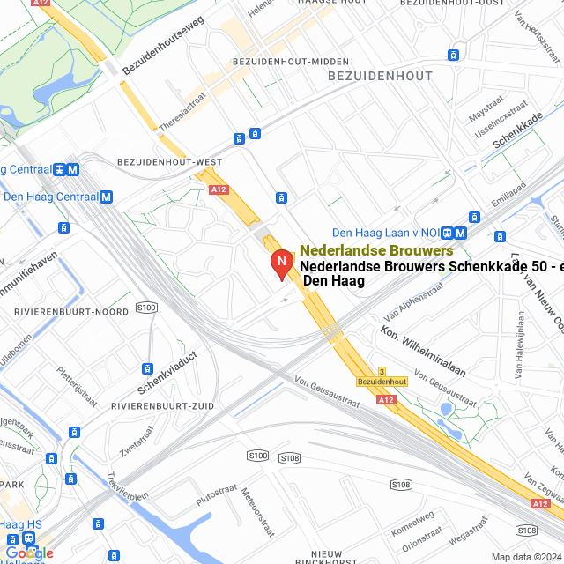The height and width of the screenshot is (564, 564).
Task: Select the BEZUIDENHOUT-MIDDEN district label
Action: tap(278, 62)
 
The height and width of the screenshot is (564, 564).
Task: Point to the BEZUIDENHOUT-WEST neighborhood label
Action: tap(169, 162)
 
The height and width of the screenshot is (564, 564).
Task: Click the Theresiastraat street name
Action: tap(183, 114)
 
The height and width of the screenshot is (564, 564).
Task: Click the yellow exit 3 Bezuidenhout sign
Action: tap(382, 377)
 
